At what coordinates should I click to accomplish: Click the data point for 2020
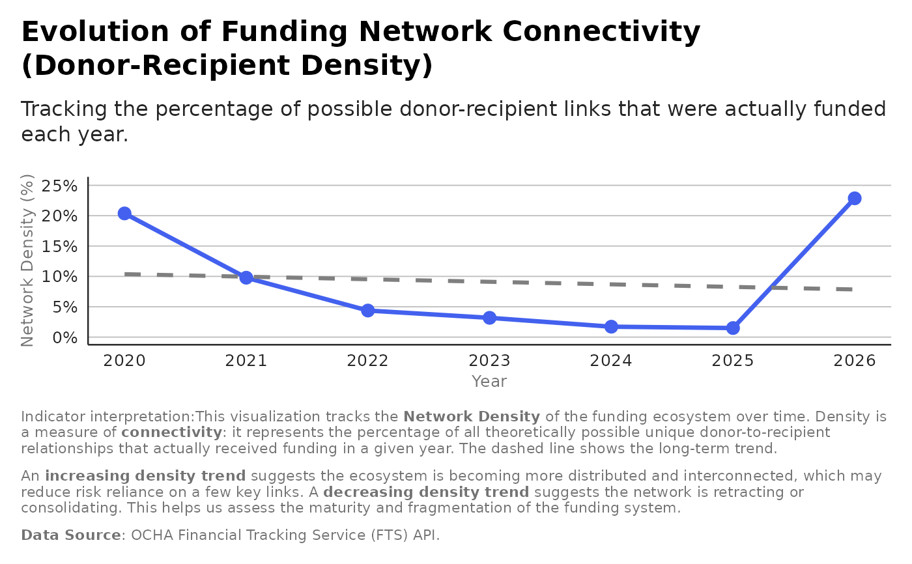click(x=124, y=214)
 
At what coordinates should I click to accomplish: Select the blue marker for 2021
click(x=246, y=277)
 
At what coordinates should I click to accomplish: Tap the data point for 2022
click(x=368, y=311)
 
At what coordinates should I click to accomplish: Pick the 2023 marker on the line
click(x=489, y=318)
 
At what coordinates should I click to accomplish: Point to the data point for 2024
click(x=611, y=326)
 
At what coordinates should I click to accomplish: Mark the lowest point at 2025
click(x=733, y=328)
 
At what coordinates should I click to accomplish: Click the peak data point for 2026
click(x=855, y=198)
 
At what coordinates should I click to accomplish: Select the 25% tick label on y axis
click(x=59, y=186)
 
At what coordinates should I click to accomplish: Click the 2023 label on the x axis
click(x=489, y=361)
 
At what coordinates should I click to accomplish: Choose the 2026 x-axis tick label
click(x=855, y=361)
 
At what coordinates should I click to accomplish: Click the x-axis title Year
click(x=489, y=382)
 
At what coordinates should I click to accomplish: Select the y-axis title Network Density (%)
click(x=27, y=261)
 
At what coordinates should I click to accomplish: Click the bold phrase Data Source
click(x=71, y=535)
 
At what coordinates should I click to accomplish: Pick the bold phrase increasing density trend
click(x=145, y=476)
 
